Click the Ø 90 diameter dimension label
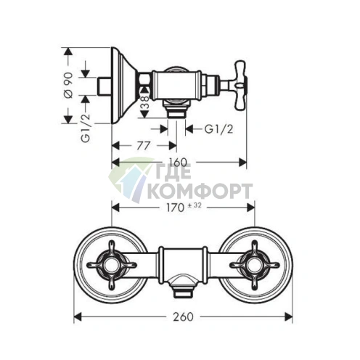(69, 85)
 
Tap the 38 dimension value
(144, 102)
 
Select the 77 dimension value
(144, 146)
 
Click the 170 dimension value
(174, 208)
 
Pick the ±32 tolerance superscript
(195, 205)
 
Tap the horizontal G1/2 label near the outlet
(218, 129)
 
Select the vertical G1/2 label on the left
(86, 128)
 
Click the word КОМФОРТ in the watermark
(200, 191)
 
